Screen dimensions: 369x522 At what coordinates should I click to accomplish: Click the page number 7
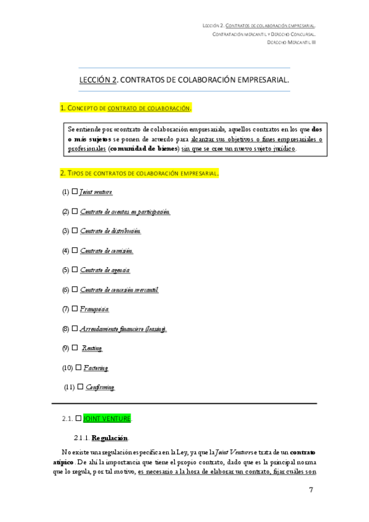pyautogui.click(x=311, y=490)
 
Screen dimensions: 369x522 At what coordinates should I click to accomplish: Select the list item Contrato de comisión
pyautogui.click(x=107, y=251)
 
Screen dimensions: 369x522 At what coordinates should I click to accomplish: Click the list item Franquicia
pyautogui.click(x=95, y=309)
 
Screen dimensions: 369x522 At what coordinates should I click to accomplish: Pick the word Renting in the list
pyautogui.click(x=92, y=348)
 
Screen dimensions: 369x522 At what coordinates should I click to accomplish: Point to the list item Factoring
pyautogui.click(x=96, y=368)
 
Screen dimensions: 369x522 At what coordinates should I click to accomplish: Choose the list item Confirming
pyautogui.click(x=100, y=387)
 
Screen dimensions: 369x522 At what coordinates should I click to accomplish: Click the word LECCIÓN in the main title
pyautogui.click(x=95, y=80)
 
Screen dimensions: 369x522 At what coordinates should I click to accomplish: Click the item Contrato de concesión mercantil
pyautogui.click(x=119, y=289)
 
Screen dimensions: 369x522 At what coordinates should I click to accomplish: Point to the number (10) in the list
pyautogui.click(x=68, y=368)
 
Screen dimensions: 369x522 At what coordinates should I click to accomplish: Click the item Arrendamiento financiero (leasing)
pyautogui.click(x=123, y=329)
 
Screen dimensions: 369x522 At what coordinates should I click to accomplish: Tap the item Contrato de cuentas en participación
pyautogui.click(x=125, y=212)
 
